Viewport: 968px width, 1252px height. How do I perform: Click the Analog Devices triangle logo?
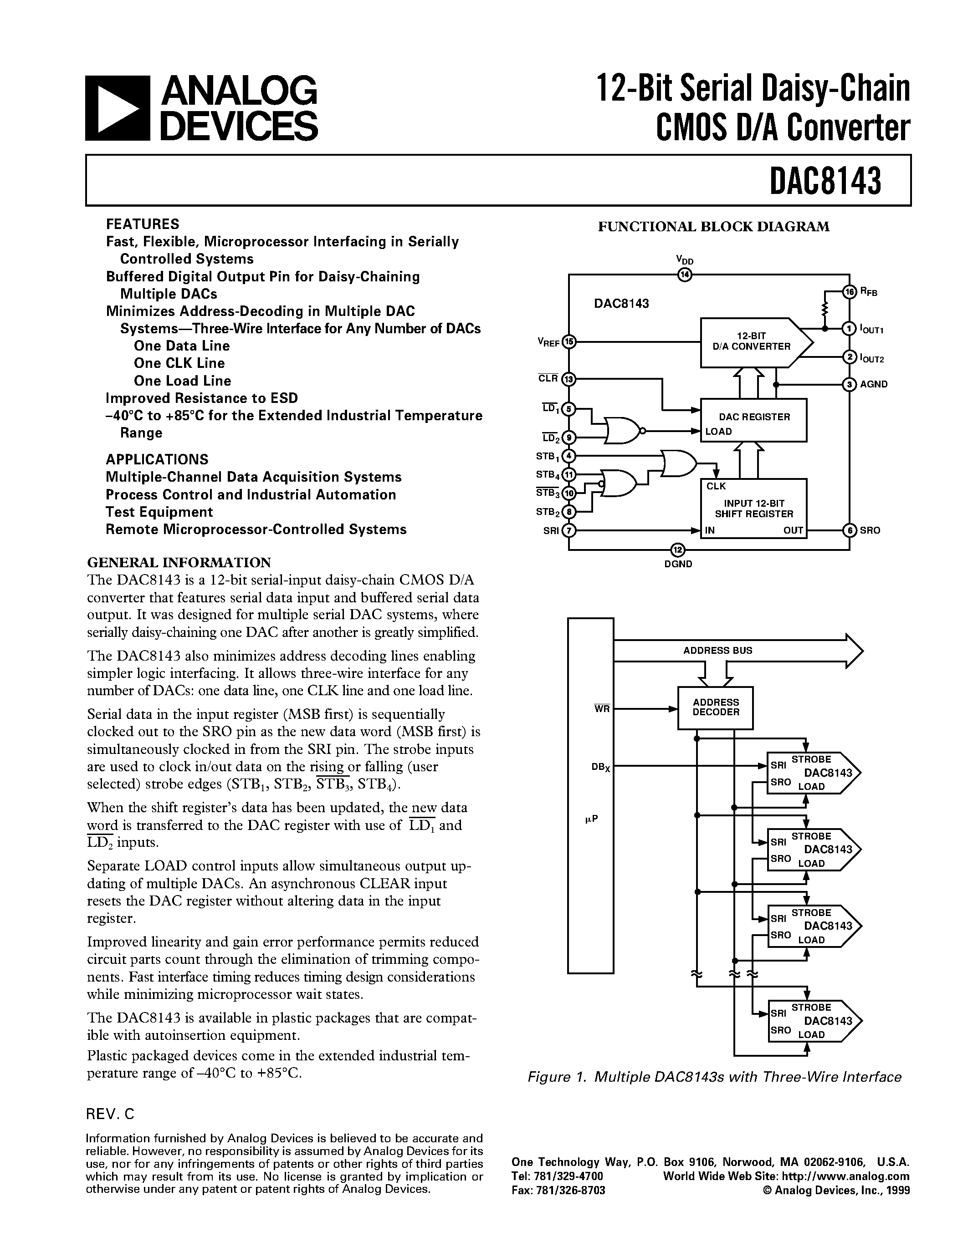click(118, 108)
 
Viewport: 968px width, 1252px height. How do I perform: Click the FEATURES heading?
click(142, 224)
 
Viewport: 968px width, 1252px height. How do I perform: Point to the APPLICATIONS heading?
click(157, 459)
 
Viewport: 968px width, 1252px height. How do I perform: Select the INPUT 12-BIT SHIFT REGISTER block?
click(753, 508)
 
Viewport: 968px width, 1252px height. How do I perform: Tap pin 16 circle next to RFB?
click(849, 291)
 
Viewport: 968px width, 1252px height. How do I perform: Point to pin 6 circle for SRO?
click(849, 530)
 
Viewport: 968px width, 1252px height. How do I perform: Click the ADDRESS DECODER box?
click(715, 707)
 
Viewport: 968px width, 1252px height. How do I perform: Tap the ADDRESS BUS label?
click(717, 651)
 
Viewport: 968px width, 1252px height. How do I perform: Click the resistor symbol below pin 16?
click(825, 310)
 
